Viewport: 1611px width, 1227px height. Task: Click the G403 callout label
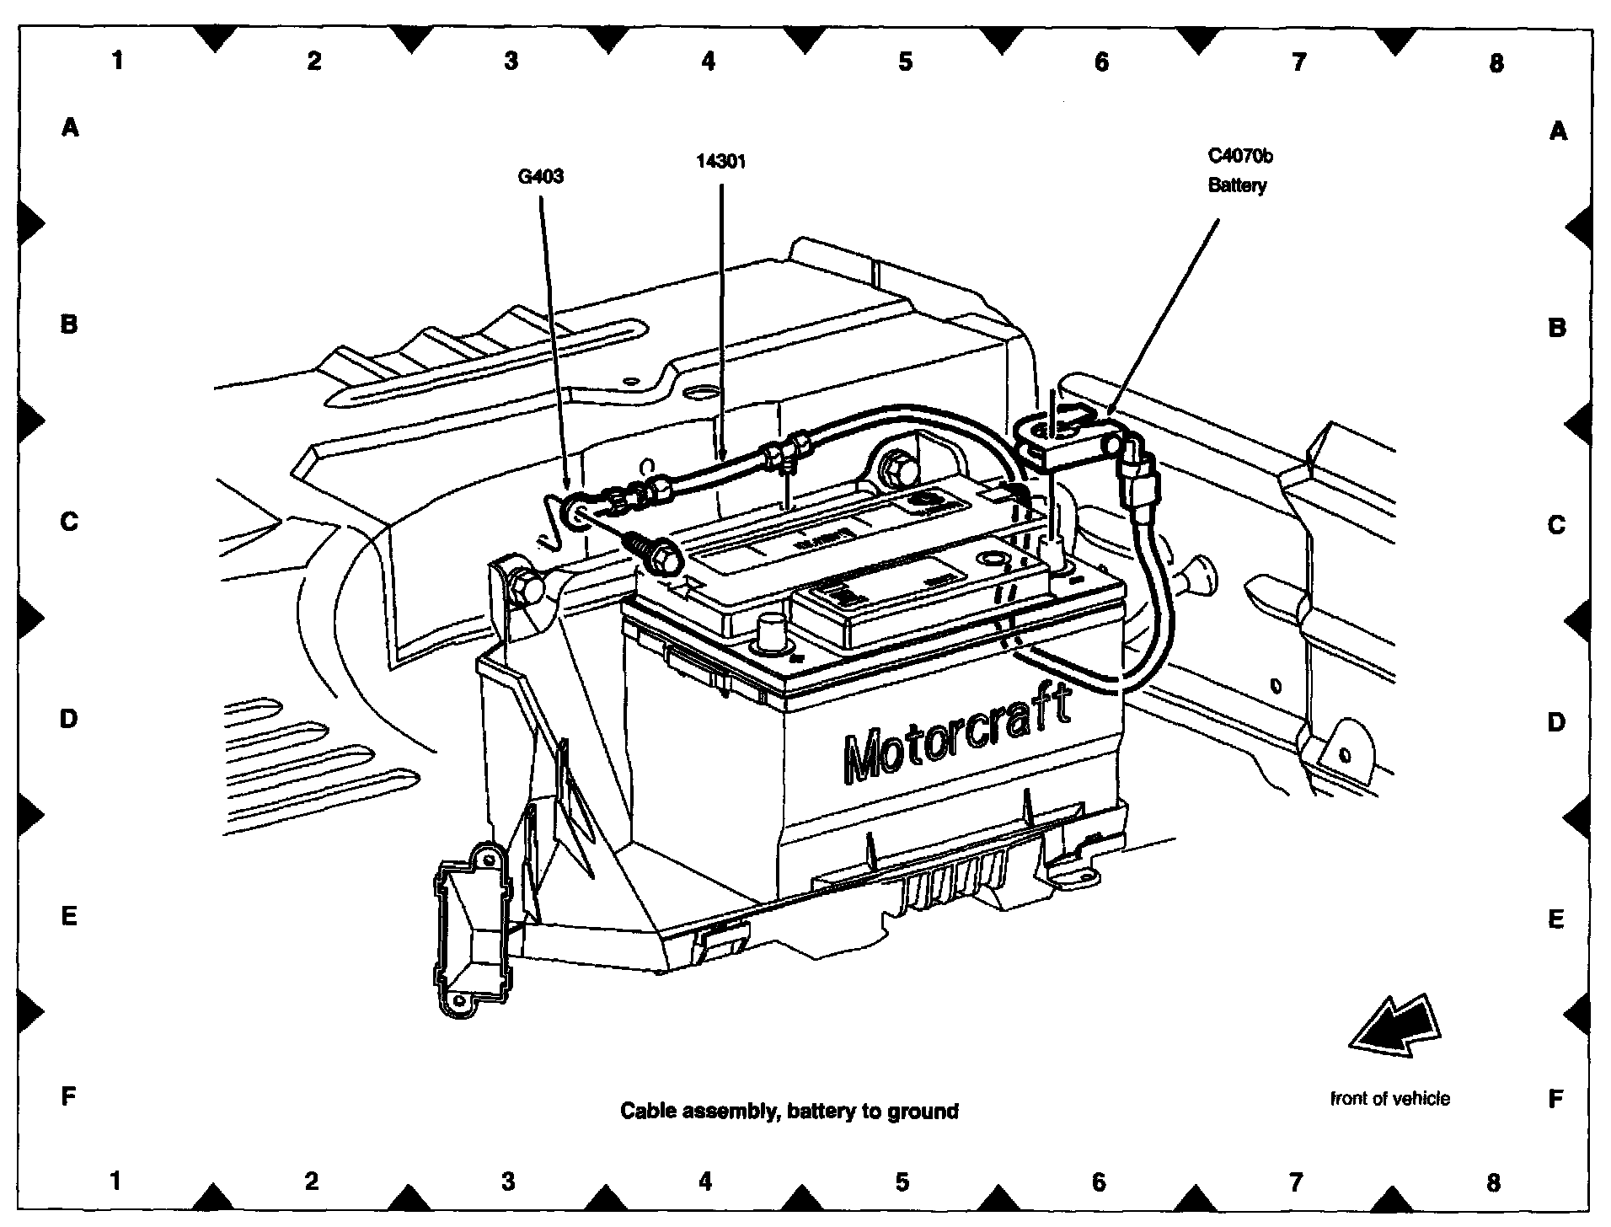(x=540, y=177)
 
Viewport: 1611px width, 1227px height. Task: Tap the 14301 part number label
(x=721, y=161)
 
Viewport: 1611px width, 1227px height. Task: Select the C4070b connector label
(x=1240, y=156)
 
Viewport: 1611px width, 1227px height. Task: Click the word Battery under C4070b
(x=1237, y=185)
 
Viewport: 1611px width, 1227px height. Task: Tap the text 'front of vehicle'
(x=1390, y=1099)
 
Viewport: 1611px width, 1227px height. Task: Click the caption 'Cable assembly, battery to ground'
(x=789, y=1112)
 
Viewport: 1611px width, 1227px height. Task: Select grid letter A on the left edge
(x=70, y=128)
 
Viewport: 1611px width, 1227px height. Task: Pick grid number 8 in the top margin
(x=1496, y=62)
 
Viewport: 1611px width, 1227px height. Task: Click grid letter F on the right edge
(x=1555, y=1098)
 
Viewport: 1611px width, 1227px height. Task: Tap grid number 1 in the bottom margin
(x=115, y=1181)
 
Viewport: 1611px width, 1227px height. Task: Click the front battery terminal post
(x=771, y=631)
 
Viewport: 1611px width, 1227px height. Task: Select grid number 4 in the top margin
(x=708, y=61)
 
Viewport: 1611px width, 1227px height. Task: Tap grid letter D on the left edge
(x=69, y=719)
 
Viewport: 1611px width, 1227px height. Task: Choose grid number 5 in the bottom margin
(x=902, y=1181)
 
